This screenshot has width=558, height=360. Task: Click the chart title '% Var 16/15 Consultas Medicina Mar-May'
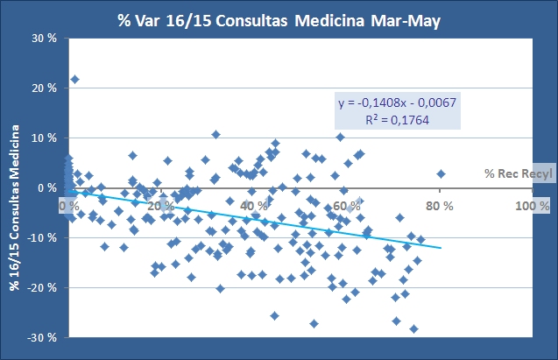coord(279,20)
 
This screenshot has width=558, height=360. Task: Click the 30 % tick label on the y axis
coord(44,39)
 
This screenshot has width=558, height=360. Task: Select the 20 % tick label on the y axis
coord(44,88)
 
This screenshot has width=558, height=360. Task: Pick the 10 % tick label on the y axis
coord(44,138)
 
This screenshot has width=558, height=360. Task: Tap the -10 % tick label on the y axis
coord(41,238)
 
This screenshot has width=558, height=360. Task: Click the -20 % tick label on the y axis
coord(41,288)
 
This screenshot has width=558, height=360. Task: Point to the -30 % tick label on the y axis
coord(41,338)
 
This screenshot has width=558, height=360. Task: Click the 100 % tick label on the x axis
coord(530,206)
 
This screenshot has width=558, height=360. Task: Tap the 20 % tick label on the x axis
coord(161,206)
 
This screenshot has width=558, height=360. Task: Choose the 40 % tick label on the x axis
coord(254,206)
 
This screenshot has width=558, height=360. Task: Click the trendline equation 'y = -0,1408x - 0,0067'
coord(398,103)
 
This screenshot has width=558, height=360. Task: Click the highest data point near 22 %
coord(75,80)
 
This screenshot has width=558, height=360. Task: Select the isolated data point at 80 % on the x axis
coord(441,173)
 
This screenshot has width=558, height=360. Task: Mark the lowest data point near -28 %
coord(414,328)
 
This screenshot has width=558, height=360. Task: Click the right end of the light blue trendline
coord(441,248)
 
